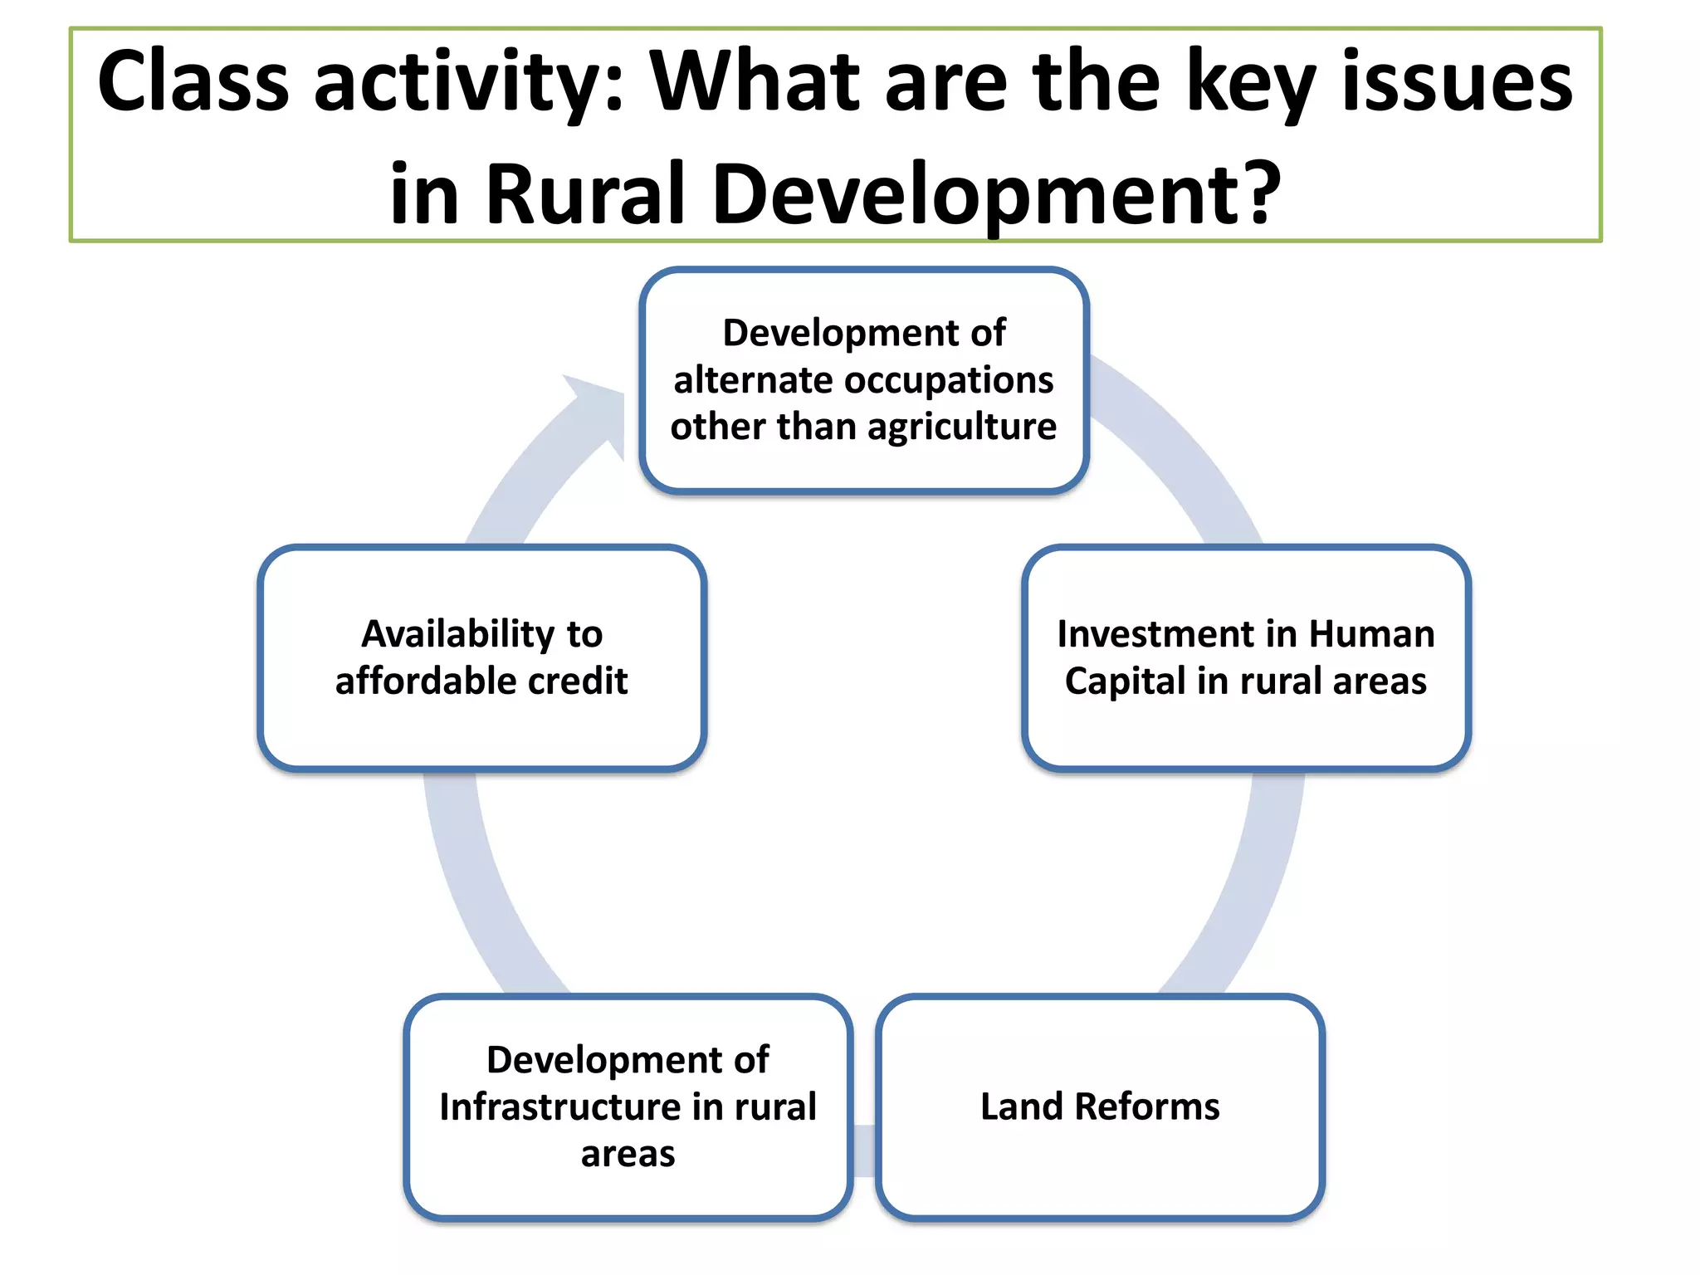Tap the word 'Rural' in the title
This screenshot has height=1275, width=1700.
pos(585,193)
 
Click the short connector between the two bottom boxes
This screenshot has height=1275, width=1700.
pos(864,1150)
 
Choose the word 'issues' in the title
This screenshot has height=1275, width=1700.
pos(1457,81)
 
